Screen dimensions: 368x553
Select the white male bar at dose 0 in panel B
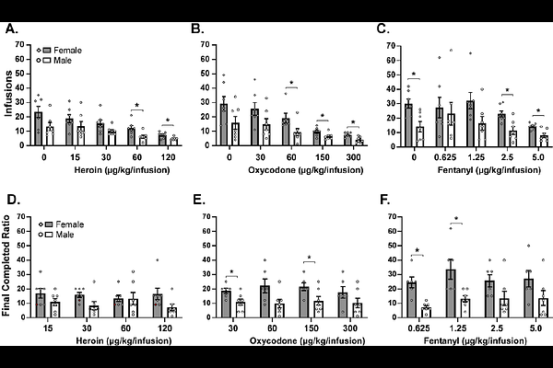click(x=235, y=134)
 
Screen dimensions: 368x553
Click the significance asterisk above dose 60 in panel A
click(x=136, y=105)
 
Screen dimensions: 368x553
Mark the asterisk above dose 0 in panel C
click(x=414, y=75)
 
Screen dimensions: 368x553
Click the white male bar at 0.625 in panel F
click(x=400, y=312)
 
